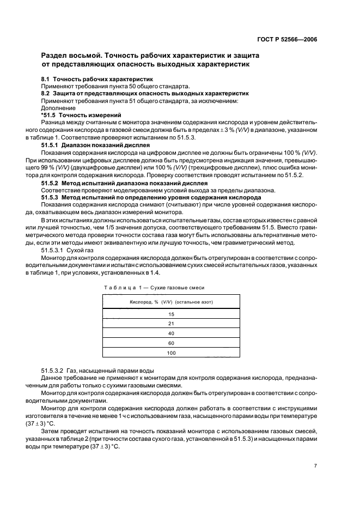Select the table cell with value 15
tap(170, 314)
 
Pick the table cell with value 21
tap(170, 324)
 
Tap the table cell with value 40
tap(170, 333)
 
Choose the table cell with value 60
tap(170, 343)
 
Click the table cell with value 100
tap(170, 353)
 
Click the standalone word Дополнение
tap(57, 108)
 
